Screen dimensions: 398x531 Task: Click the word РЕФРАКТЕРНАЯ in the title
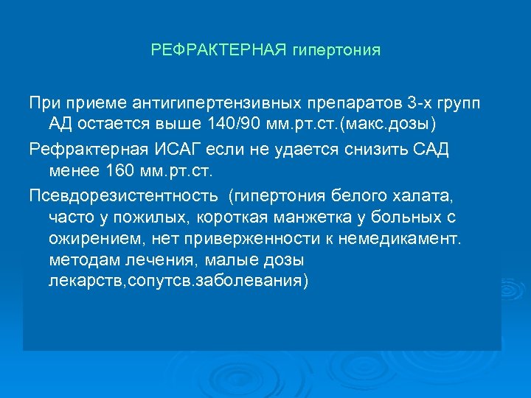coord(214,51)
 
